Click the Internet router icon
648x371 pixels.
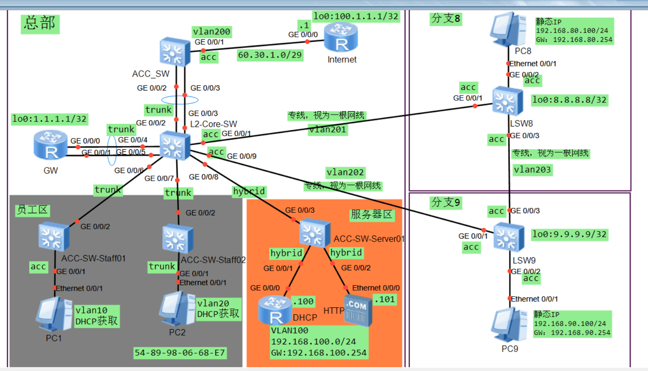[x=341, y=37]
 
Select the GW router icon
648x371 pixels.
[x=51, y=145]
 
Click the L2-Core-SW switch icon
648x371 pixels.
[x=175, y=145]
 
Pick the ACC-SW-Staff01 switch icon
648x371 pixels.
[x=54, y=236]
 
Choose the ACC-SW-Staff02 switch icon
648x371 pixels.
[x=178, y=239]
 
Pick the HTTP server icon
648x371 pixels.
[x=358, y=311]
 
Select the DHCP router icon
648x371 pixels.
[x=275, y=310]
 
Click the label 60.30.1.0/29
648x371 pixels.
[x=270, y=55]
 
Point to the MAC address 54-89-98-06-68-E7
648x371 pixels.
[x=180, y=353]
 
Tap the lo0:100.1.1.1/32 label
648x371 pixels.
[x=356, y=16]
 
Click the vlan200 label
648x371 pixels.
[x=211, y=32]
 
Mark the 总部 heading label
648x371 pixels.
[x=40, y=23]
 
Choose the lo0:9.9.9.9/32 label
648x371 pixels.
[x=569, y=234]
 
